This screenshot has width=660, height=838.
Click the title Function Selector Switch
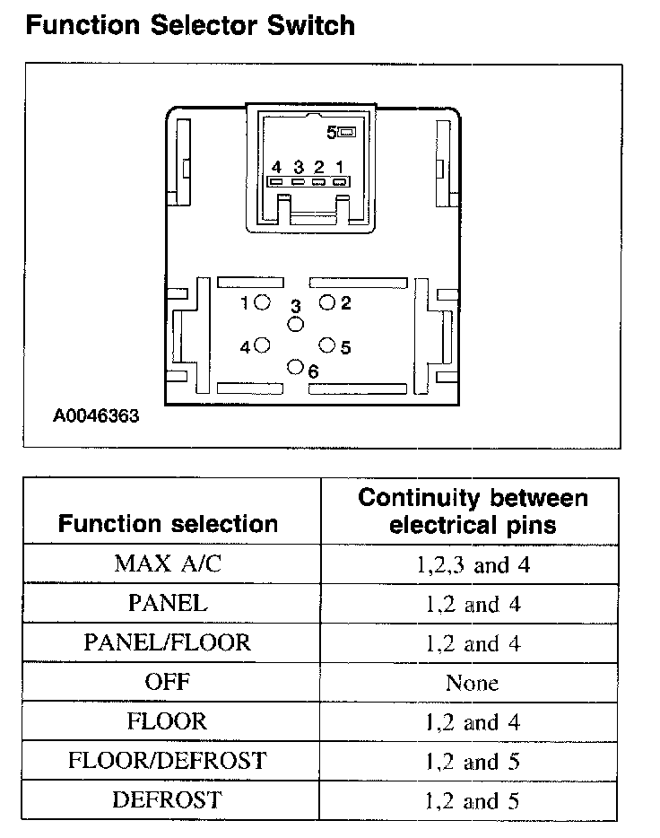pyautogui.click(x=190, y=25)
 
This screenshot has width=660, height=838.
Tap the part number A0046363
pyautogui.click(x=96, y=416)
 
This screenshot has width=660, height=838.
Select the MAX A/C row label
pyautogui.click(x=168, y=564)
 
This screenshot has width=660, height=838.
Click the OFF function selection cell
pyautogui.click(x=168, y=682)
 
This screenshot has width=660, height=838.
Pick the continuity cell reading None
pyautogui.click(x=472, y=683)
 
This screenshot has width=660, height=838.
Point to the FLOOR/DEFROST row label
pyautogui.click(x=168, y=761)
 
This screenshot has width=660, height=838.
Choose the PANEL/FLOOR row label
pyautogui.click(x=168, y=642)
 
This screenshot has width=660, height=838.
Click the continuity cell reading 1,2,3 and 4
pyautogui.click(x=472, y=564)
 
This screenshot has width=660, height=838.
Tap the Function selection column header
pyautogui.click(x=168, y=524)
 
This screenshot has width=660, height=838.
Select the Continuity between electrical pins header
pyautogui.click(x=472, y=511)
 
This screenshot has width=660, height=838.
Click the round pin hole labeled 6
pyautogui.click(x=295, y=366)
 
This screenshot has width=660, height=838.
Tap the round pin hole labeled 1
pyautogui.click(x=262, y=303)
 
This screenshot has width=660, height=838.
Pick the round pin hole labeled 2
pyautogui.click(x=327, y=303)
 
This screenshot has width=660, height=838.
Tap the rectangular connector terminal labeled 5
pyautogui.click(x=347, y=133)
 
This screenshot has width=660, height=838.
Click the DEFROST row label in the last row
pyautogui.click(x=168, y=799)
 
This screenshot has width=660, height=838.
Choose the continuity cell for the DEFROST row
pyautogui.click(x=472, y=800)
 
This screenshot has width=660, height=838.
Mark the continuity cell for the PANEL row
pyautogui.click(x=472, y=604)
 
